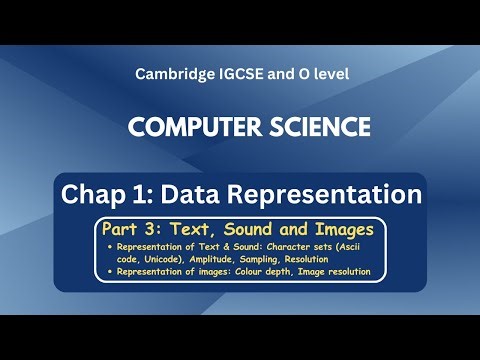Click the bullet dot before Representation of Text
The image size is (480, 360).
tap(108, 245)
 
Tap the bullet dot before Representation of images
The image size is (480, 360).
tap(108, 271)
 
